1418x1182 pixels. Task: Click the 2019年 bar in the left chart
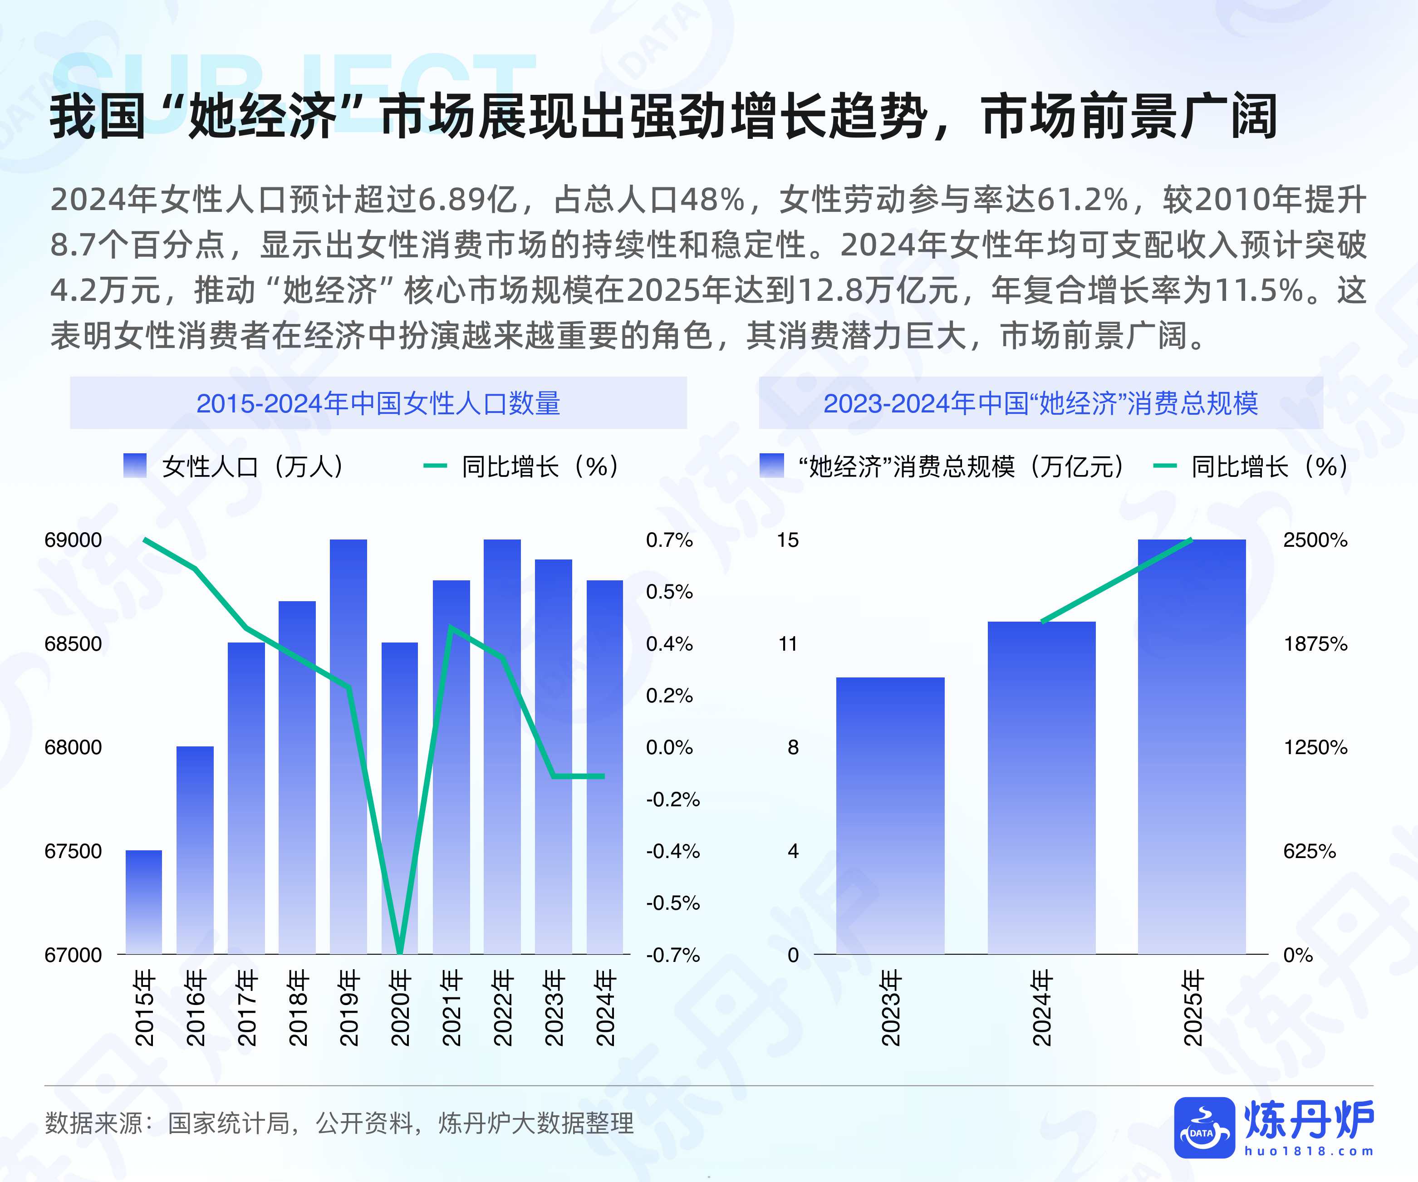pos(348,746)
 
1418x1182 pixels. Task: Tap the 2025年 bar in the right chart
pos(1192,746)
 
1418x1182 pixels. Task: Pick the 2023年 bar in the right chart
pos(890,815)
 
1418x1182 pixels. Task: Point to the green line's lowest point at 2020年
pos(400,952)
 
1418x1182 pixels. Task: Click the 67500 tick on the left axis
pos(73,851)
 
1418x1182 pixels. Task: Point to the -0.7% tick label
pos(672,955)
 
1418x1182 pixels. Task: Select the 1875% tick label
pos(1315,644)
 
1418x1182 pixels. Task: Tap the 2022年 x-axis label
pos(502,1008)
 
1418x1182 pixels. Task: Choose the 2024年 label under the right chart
pos(1042,1008)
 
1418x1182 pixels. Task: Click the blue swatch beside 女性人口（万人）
pos(135,466)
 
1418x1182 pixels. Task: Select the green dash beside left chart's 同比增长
pos(435,466)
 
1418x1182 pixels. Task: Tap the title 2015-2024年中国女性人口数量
pos(378,404)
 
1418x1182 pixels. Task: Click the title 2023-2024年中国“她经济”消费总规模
pos(1040,404)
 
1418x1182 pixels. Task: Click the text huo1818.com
pos(1309,1152)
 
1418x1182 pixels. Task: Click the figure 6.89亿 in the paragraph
pos(468,200)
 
